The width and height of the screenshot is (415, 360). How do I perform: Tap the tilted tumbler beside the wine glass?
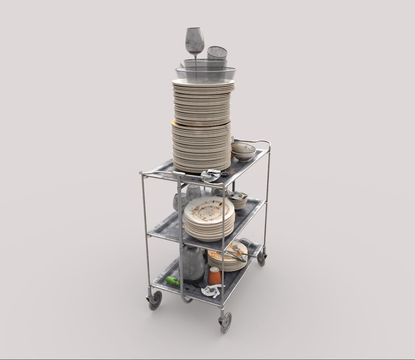[x=217, y=53]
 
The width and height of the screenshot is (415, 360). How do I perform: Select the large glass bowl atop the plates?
[x=205, y=74]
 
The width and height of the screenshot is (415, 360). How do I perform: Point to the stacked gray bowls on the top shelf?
[x=243, y=151]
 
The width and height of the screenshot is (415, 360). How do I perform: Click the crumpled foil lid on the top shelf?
[x=210, y=175]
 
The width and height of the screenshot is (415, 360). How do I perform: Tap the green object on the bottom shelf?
[x=173, y=281]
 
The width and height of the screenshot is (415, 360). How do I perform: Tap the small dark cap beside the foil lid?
[x=225, y=174]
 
